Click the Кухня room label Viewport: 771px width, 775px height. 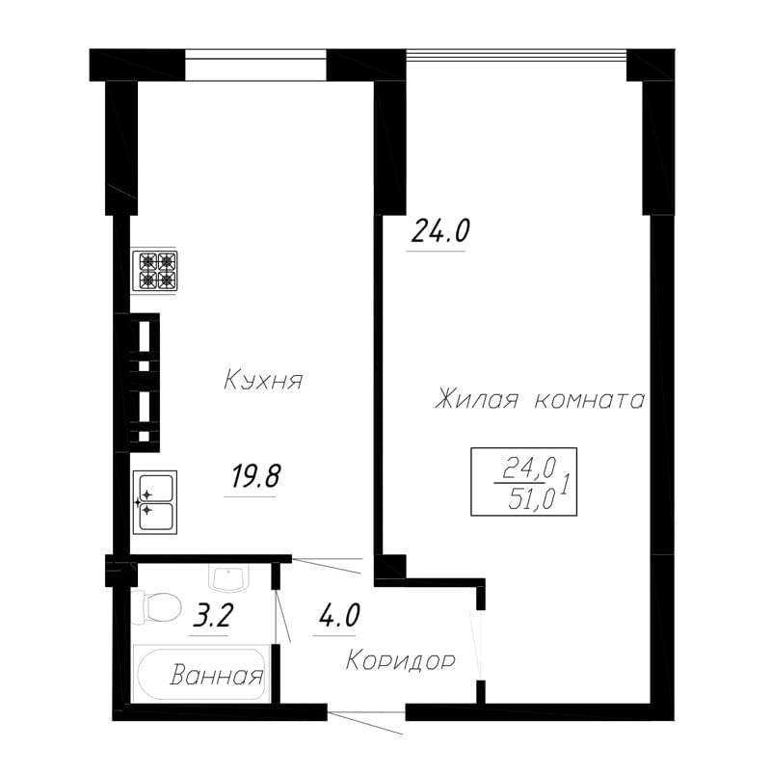tap(263, 381)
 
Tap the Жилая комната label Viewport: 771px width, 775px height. tap(541, 399)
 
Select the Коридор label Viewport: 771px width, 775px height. tap(400, 661)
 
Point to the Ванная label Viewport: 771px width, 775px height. tap(217, 675)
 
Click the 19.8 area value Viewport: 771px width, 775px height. tap(256, 477)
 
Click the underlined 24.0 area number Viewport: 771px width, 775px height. tap(439, 230)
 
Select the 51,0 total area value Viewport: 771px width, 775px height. tap(532, 501)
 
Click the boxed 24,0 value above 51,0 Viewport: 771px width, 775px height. tap(530, 468)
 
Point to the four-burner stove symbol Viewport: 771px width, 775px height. tap(154, 271)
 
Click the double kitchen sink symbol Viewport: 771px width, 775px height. tap(155, 502)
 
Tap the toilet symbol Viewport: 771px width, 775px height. tap(156, 606)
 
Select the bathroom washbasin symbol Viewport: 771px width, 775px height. tap(228, 578)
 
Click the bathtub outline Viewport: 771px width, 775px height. tap(200, 673)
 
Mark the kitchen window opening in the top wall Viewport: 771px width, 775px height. tap(256, 65)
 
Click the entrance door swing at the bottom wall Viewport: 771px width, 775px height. tap(365, 723)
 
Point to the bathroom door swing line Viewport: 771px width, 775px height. tap(282, 615)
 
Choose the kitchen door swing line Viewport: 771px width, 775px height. tap(329, 566)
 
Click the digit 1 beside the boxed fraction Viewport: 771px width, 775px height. tap(567, 483)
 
